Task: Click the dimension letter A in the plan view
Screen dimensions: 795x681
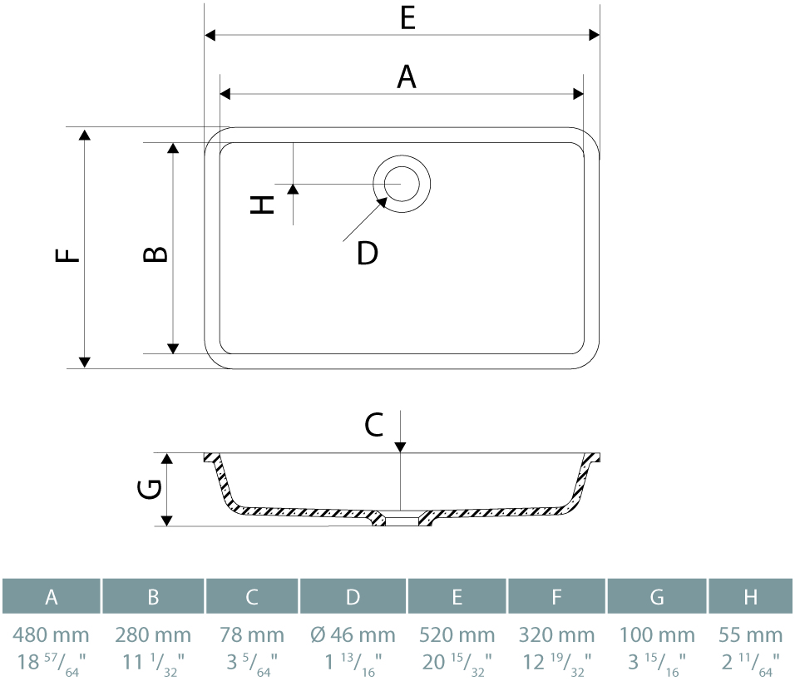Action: tap(407, 77)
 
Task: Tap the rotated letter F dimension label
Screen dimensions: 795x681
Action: tap(67, 254)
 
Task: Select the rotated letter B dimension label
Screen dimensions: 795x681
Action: tap(156, 254)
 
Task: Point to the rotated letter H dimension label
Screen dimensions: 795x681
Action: tap(262, 205)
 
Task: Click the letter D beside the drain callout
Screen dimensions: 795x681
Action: tap(367, 253)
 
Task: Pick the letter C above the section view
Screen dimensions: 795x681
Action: tap(373, 425)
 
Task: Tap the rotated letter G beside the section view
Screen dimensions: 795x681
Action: tap(150, 489)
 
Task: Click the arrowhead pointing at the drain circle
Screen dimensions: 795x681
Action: tap(382, 203)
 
